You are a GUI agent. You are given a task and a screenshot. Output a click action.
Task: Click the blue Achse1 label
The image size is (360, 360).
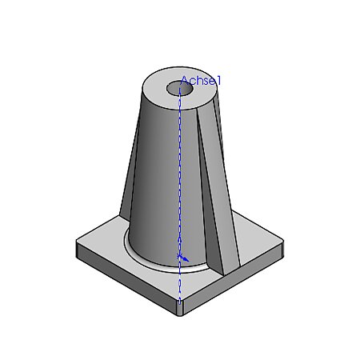pyautogui.click(x=200, y=80)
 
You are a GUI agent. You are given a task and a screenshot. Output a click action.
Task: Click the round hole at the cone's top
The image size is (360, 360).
pyautogui.click(x=178, y=88)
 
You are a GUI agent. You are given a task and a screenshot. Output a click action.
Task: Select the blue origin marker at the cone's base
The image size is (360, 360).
pyautogui.click(x=182, y=257)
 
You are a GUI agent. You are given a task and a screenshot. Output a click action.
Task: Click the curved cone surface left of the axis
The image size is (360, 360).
pyautogui.click(x=156, y=176)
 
